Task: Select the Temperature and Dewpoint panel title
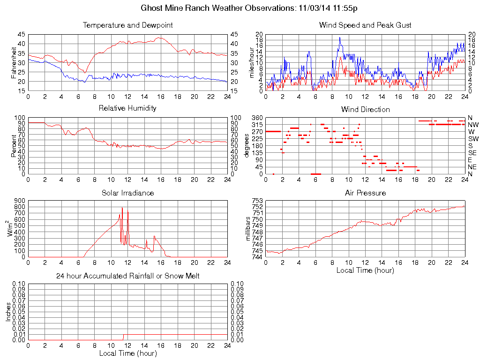tap(127, 25)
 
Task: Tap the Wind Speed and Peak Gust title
tap(365, 25)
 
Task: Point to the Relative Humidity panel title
tap(127, 108)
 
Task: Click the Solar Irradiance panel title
tap(127, 193)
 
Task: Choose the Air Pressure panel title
tap(365, 193)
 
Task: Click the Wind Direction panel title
tap(365, 109)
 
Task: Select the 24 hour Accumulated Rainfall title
tap(127, 276)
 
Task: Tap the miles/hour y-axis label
tap(252, 62)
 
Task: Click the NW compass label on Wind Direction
tap(473, 125)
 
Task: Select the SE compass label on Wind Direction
tap(472, 153)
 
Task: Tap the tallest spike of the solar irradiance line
tap(122, 207)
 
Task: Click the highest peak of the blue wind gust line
tap(340, 37)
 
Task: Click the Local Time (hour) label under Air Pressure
tap(365, 270)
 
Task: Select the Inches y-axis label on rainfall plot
tap(8, 312)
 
